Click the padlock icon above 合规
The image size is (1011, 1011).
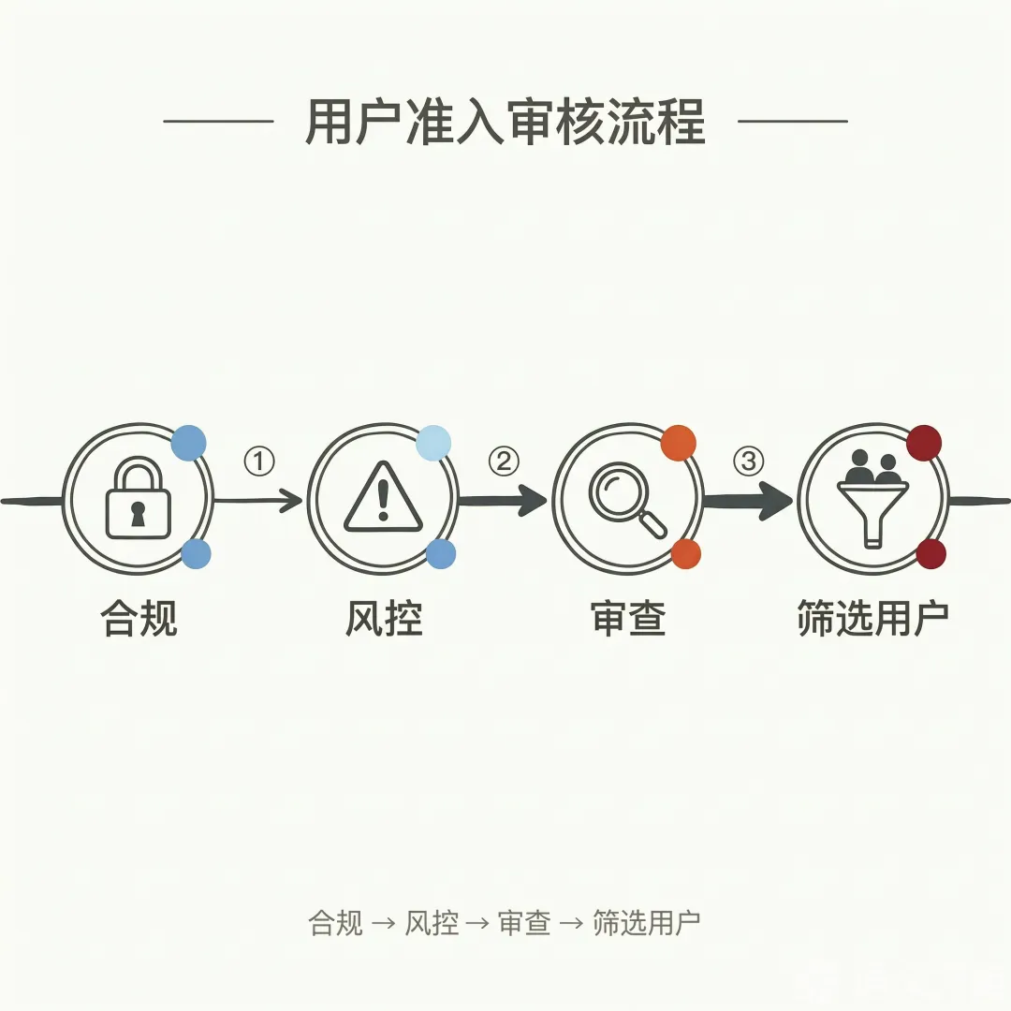pos(138,499)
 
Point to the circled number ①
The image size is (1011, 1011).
pos(259,461)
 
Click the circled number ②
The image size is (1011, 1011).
pos(504,461)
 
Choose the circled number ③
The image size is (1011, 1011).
pos(748,461)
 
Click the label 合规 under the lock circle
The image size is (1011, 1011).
pos(139,620)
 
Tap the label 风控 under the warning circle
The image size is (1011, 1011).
pos(384,620)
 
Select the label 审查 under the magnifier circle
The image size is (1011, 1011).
pos(628,620)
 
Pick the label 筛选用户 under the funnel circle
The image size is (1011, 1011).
pos(872,620)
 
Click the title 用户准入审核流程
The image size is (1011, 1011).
pos(505,122)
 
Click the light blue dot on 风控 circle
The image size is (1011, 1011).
pos(433,442)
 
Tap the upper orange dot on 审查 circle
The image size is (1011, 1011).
pos(678,443)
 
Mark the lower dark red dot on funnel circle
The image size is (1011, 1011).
pos(930,553)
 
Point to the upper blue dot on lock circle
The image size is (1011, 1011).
pos(188,442)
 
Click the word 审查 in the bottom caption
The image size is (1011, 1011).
pos(524,923)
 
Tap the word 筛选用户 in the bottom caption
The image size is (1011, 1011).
pos(646,923)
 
